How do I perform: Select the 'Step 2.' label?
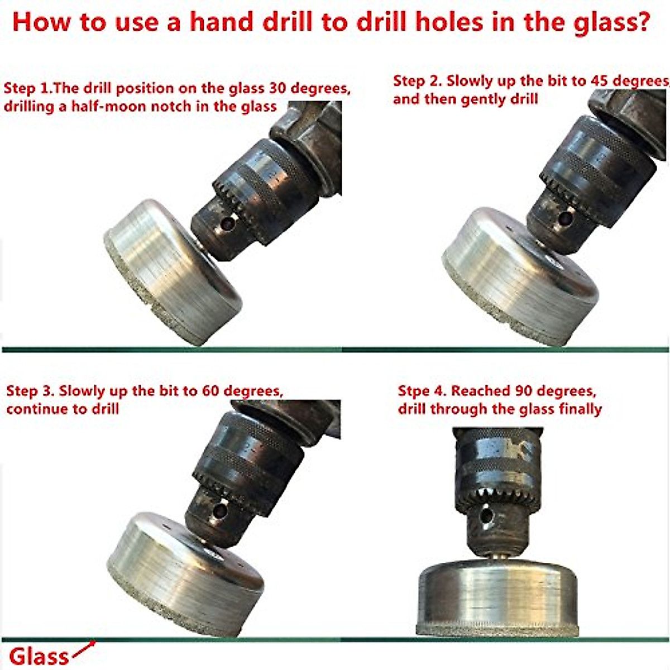(x=417, y=81)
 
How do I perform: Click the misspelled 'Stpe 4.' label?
(x=422, y=391)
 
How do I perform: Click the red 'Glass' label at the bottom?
(x=39, y=657)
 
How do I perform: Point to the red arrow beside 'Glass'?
(x=84, y=649)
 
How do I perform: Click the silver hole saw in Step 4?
(x=500, y=597)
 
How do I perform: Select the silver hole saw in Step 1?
(x=173, y=274)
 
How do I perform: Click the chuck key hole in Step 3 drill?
(x=219, y=511)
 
